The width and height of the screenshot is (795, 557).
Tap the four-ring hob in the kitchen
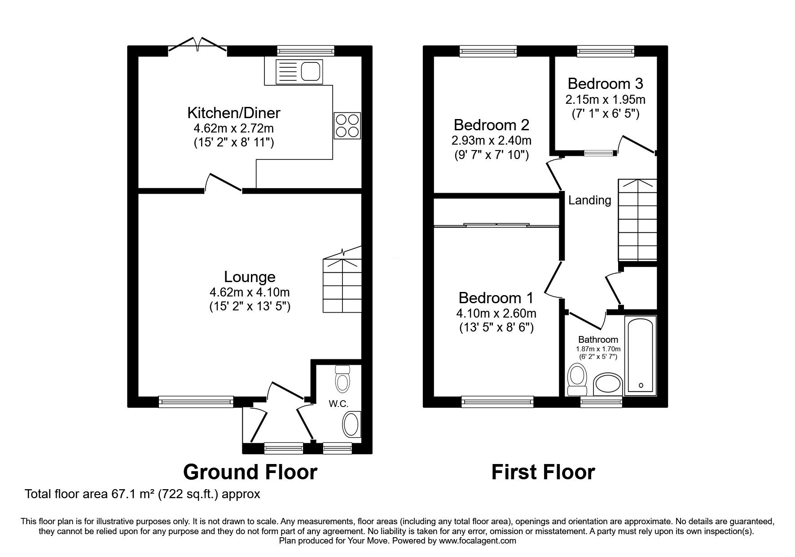[x=347, y=125]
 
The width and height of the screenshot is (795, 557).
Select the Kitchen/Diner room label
[x=233, y=112]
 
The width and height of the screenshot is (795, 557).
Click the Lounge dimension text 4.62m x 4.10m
[x=250, y=292]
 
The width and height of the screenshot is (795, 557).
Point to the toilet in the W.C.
[x=343, y=379]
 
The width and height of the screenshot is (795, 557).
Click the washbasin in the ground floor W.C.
[x=351, y=424]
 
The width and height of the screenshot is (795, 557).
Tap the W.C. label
[x=338, y=404]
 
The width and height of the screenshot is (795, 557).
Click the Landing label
[x=590, y=200]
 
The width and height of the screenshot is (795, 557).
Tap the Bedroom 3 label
[x=605, y=84]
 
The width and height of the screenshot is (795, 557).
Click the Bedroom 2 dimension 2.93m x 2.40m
[x=492, y=141]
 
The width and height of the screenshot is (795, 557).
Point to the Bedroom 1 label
[x=496, y=298]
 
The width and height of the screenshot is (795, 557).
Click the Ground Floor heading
[x=250, y=472]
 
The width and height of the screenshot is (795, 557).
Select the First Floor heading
[x=543, y=472]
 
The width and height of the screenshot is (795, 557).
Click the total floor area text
[x=143, y=495]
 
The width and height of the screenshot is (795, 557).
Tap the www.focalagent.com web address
[x=478, y=541]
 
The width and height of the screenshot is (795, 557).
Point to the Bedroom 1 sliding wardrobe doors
[x=496, y=225]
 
